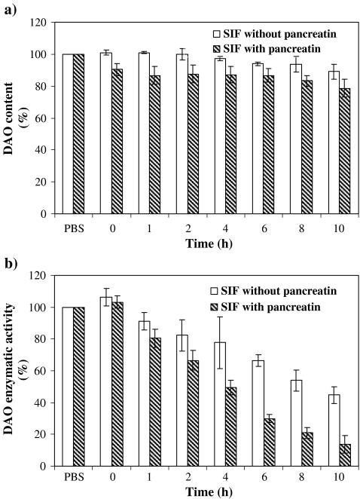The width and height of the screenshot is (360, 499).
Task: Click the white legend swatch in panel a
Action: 216,34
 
